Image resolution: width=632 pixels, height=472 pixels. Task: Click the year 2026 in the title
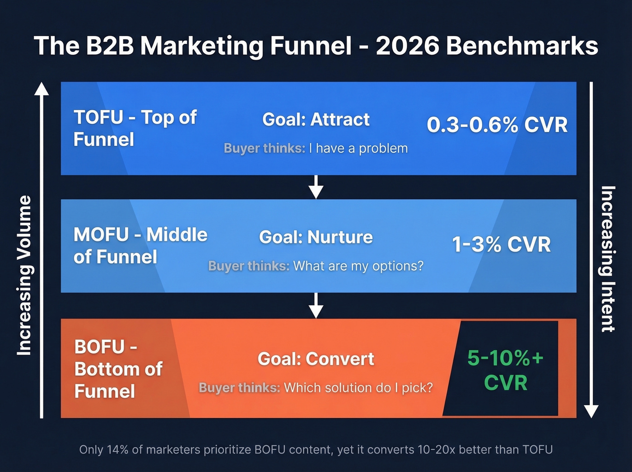(x=407, y=46)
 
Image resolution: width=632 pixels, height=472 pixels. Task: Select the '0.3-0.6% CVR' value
(x=497, y=125)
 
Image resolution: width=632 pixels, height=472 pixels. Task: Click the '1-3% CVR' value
(x=501, y=244)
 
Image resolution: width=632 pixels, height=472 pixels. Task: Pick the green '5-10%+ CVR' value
(x=505, y=370)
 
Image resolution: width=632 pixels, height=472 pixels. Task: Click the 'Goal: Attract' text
(x=316, y=120)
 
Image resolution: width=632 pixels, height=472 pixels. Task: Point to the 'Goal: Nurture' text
(x=316, y=237)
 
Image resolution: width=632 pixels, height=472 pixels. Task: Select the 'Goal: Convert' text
(x=316, y=359)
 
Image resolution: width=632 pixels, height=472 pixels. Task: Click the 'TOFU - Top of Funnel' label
(x=135, y=128)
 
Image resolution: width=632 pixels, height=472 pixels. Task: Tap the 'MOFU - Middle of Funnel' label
(x=140, y=246)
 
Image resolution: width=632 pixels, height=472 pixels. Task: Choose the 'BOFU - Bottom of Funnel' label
(x=118, y=369)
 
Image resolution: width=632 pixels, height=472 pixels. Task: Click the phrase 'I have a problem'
(x=358, y=149)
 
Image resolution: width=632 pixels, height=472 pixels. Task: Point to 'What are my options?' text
(x=358, y=266)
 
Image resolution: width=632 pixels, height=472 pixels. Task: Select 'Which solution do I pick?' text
(x=358, y=388)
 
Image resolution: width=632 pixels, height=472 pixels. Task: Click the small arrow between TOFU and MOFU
(x=316, y=187)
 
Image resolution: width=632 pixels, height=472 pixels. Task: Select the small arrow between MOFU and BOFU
(x=316, y=306)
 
